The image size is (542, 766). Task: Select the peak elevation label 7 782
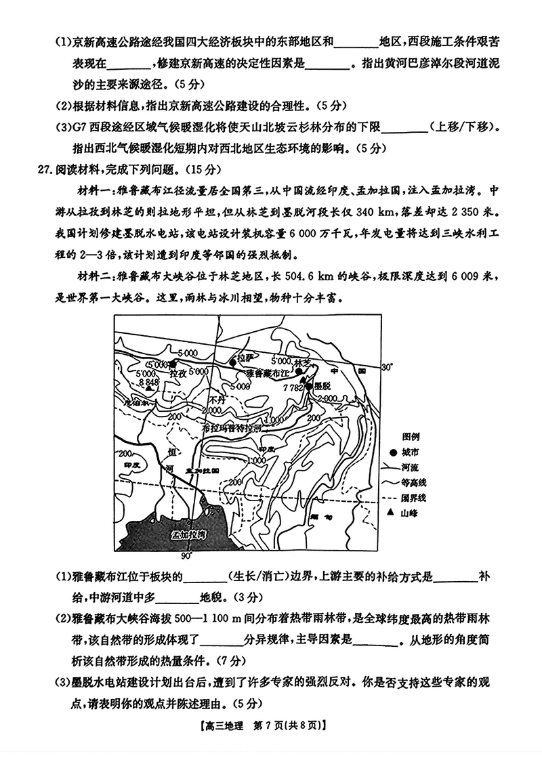click(x=293, y=387)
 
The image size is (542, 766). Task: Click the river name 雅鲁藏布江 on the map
click(x=268, y=373)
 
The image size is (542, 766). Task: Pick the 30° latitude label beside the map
click(x=388, y=368)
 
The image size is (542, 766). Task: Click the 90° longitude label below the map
click(x=187, y=556)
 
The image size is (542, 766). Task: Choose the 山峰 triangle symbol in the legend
click(x=390, y=513)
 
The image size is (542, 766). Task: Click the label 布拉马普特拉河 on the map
click(x=231, y=429)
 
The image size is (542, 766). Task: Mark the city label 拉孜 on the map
click(x=178, y=373)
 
